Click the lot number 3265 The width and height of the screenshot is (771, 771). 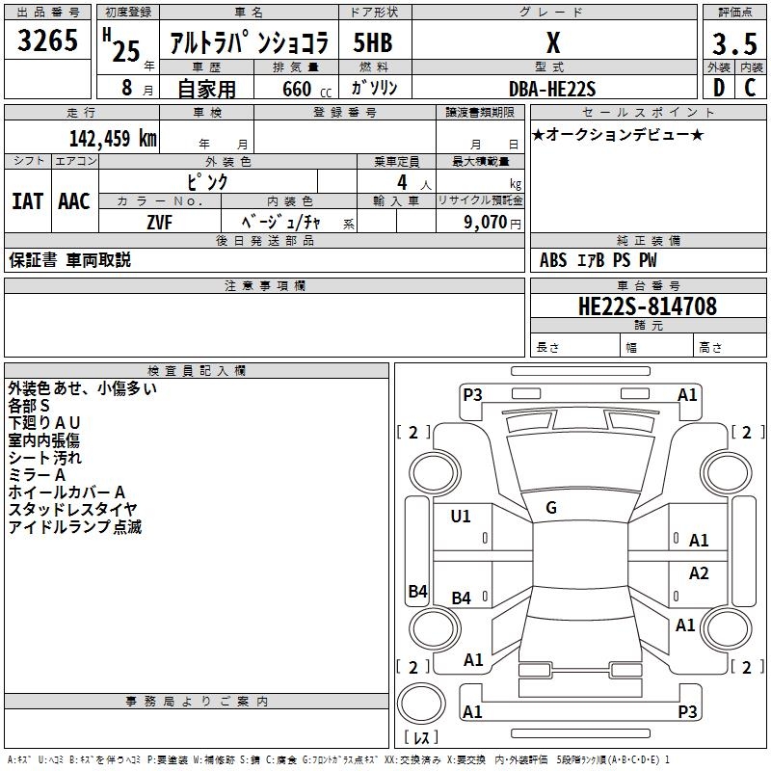(x=47, y=42)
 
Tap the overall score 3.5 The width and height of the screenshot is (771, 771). (x=733, y=44)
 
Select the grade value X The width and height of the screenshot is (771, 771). (x=552, y=43)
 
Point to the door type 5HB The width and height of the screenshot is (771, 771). (x=373, y=43)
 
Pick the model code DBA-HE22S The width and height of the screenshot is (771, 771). (x=552, y=89)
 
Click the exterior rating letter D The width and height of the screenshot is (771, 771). (x=718, y=89)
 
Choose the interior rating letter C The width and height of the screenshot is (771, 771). (x=749, y=89)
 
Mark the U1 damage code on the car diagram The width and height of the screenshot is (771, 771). (x=461, y=517)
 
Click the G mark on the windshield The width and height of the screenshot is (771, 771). (x=551, y=508)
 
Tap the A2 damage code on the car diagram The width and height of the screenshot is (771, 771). (x=699, y=573)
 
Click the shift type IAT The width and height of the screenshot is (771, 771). (x=27, y=201)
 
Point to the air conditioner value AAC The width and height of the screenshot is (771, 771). (x=74, y=201)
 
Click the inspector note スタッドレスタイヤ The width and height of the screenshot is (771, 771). (x=72, y=509)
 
